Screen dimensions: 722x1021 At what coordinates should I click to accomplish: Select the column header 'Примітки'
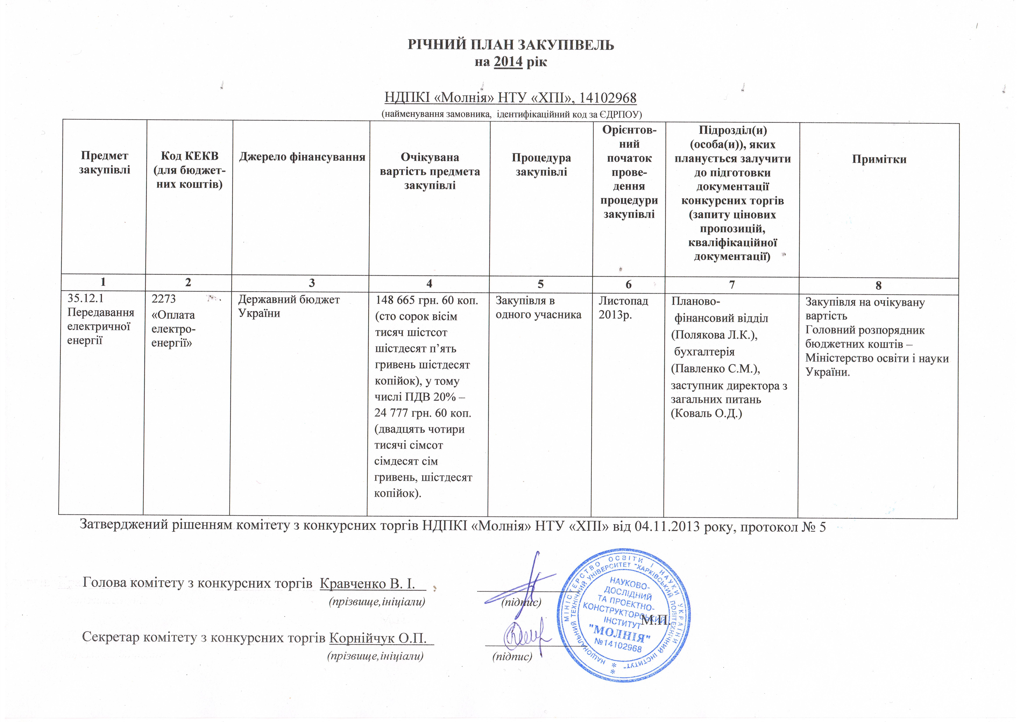pos(879,159)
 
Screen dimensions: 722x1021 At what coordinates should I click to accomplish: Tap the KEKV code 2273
pos(164,299)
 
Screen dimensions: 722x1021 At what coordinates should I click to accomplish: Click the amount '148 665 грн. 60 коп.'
pos(427,300)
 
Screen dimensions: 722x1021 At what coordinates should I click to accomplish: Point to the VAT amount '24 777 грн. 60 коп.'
pos(423,413)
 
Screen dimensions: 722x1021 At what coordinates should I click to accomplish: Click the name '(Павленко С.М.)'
pos(715,369)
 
